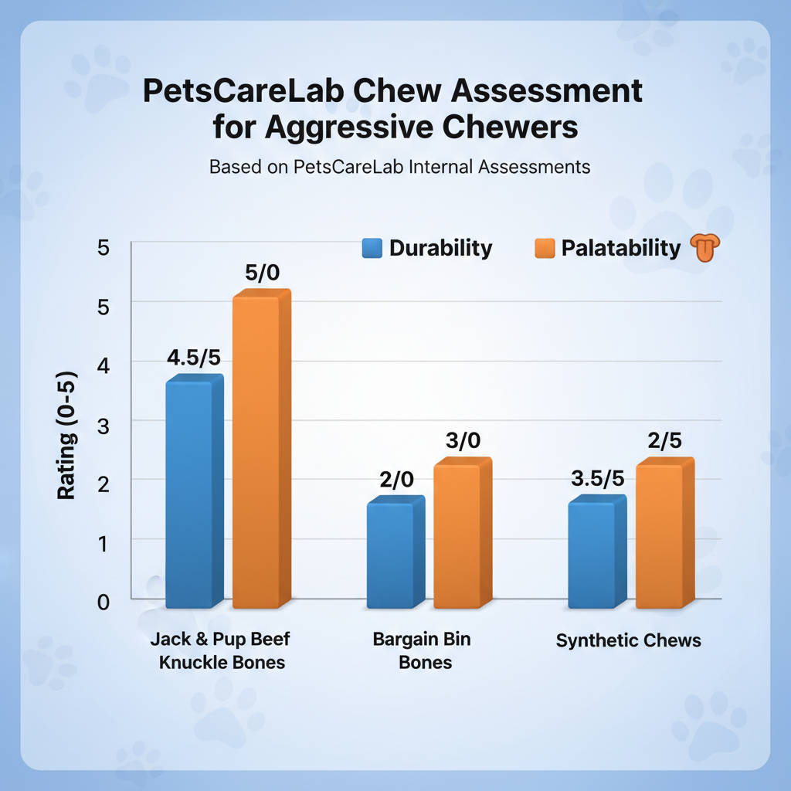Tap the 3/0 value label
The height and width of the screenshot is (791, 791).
[x=463, y=441]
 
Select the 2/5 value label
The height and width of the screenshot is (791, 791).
[x=664, y=443]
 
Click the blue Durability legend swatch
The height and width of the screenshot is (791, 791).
[x=372, y=248]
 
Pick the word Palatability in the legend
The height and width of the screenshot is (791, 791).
[x=621, y=248]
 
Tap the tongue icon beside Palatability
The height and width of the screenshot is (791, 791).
[x=703, y=249]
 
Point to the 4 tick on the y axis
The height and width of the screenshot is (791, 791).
[x=103, y=362]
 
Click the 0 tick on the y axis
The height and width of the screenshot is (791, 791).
[x=103, y=600]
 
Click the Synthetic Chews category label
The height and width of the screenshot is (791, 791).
[x=629, y=640]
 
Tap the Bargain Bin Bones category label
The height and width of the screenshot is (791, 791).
[x=421, y=650]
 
